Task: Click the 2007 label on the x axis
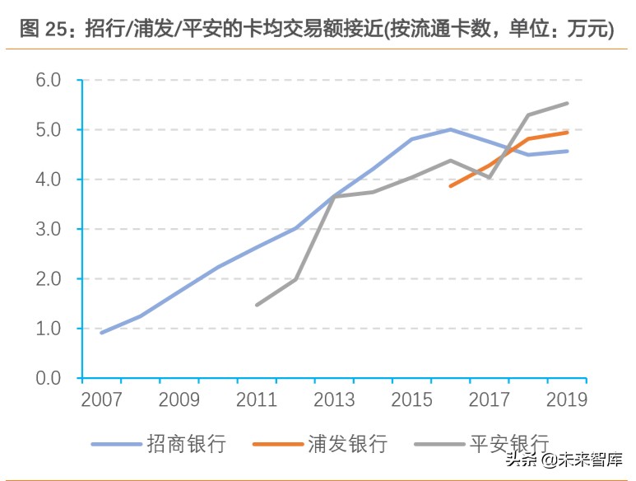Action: (x=101, y=400)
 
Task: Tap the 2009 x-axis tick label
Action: (x=179, y=400)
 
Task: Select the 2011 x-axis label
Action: (x=256, y=400)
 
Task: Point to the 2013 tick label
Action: (x=333, y=400)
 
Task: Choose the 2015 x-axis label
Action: (x=411, y=400)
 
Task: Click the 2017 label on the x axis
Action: (x=489, y=400)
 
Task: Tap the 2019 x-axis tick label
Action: (x=566, y=400)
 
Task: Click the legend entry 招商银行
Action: (x=186, y=445)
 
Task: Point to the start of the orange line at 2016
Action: (x=450, y=186)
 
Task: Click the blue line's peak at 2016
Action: (x=450, y=129)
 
